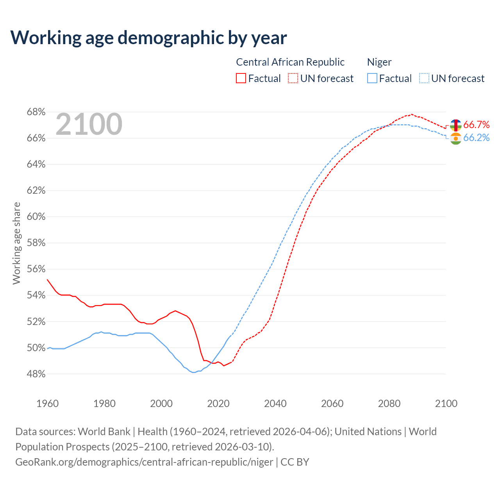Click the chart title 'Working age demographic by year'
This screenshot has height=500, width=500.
click(x=148, y=37)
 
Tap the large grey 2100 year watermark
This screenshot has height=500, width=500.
click(x=89, y=124)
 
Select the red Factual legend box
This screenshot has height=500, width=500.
click(x=241, y=78)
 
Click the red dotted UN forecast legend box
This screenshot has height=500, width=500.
click(x=293, y=78)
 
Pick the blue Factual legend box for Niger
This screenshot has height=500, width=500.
click(x=372, y=78)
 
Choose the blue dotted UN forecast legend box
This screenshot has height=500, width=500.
click(x=424, y=78)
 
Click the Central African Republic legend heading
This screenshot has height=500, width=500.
click(x=290, y=62)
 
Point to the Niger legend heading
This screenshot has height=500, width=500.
click(x=379, y=62)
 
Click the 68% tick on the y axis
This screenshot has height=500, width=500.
click(x=36, y=112)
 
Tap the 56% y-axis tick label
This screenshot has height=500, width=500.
click(x=36, y=269)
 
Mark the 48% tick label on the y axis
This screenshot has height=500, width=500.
click(x=36, y=374)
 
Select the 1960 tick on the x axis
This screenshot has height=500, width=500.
click(x=48, y=404)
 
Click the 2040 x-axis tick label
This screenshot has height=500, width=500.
click(x=275, y=404)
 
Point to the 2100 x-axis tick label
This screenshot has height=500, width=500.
click(x=446, y=404)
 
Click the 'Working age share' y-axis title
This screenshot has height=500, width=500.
click(x=16, y=243)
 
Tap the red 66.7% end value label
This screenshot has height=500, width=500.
click(x=476, y=125)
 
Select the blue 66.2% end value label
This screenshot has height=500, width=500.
click(x=476, y=137)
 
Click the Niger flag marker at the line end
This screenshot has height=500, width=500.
click(x=455, y=139)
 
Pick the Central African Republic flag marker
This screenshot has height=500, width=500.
click(x=455, y=125)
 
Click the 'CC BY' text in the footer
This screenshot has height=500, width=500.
click(x=295, y=462)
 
